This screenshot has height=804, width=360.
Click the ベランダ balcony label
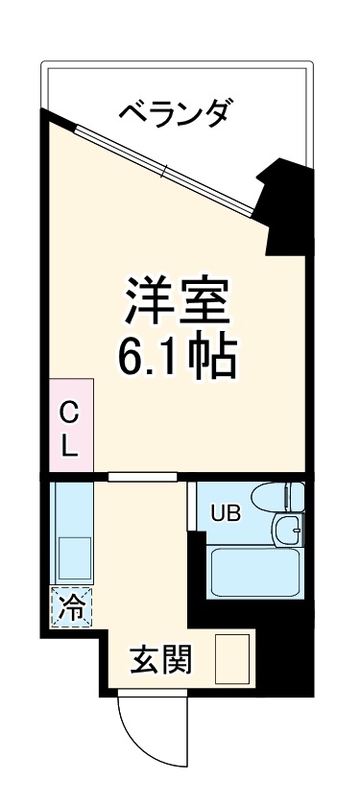[174, 114]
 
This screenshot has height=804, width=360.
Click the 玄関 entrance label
[160, 659]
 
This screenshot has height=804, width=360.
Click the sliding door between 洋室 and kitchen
[141, 476]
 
